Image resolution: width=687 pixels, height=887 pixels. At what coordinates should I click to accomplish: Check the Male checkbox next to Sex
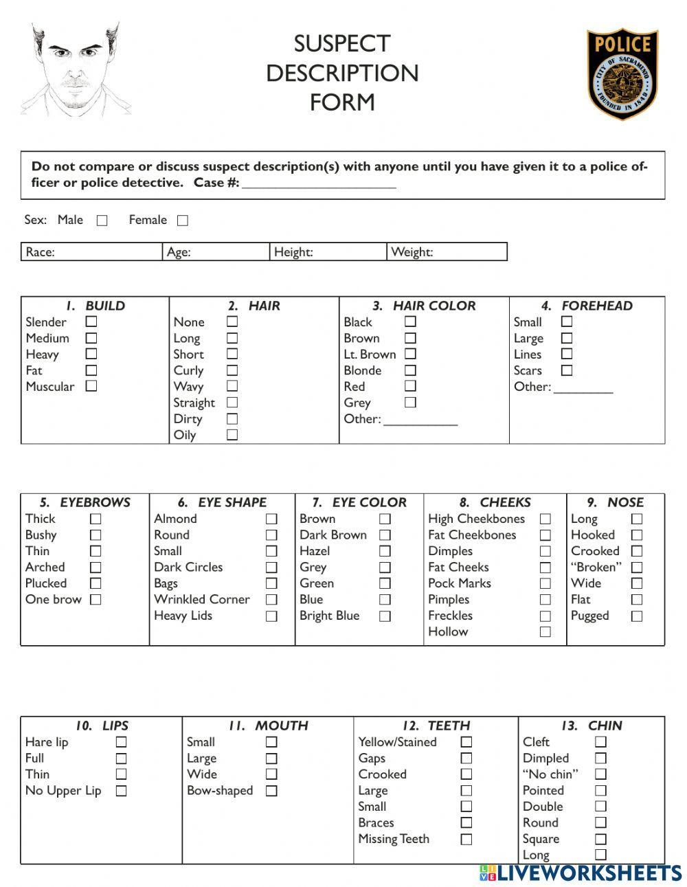(102, 221)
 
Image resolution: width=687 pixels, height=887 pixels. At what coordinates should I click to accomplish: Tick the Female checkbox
(183, 221)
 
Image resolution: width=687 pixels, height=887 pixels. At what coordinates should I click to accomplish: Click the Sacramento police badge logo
(622, 74)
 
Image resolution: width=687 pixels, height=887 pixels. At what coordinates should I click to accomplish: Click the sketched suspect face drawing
(75, 69)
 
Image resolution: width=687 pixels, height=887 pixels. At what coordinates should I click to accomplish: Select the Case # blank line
(319, 184)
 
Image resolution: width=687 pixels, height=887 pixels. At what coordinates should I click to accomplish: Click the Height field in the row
(328, 252)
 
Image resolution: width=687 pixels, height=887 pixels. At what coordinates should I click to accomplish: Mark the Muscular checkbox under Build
(91, 386)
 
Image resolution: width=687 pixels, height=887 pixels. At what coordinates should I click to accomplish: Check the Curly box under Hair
(232, 370)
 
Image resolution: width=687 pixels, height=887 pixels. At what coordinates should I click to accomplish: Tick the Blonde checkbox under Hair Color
(410, 370)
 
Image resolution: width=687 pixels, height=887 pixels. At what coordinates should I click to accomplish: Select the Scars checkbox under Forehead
(567, 370)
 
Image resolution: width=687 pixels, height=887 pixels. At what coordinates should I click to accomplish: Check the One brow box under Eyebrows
(95, 600)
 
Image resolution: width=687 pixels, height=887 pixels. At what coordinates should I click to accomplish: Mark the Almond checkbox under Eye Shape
(271, 519)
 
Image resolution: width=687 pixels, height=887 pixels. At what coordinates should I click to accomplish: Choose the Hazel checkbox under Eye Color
(385, 551)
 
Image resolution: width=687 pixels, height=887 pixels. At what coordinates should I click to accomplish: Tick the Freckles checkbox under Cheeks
(545, 616)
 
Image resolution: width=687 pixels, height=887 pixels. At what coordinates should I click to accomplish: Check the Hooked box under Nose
(637, 535)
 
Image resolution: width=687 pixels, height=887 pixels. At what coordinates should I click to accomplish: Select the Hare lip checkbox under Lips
(121, 742)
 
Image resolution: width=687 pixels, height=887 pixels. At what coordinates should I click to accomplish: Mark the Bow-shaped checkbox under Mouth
(271, 791)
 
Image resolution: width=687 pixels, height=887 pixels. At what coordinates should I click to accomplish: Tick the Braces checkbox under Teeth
(466, 823)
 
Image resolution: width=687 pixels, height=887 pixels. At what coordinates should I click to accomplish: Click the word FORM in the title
(342, 102)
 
